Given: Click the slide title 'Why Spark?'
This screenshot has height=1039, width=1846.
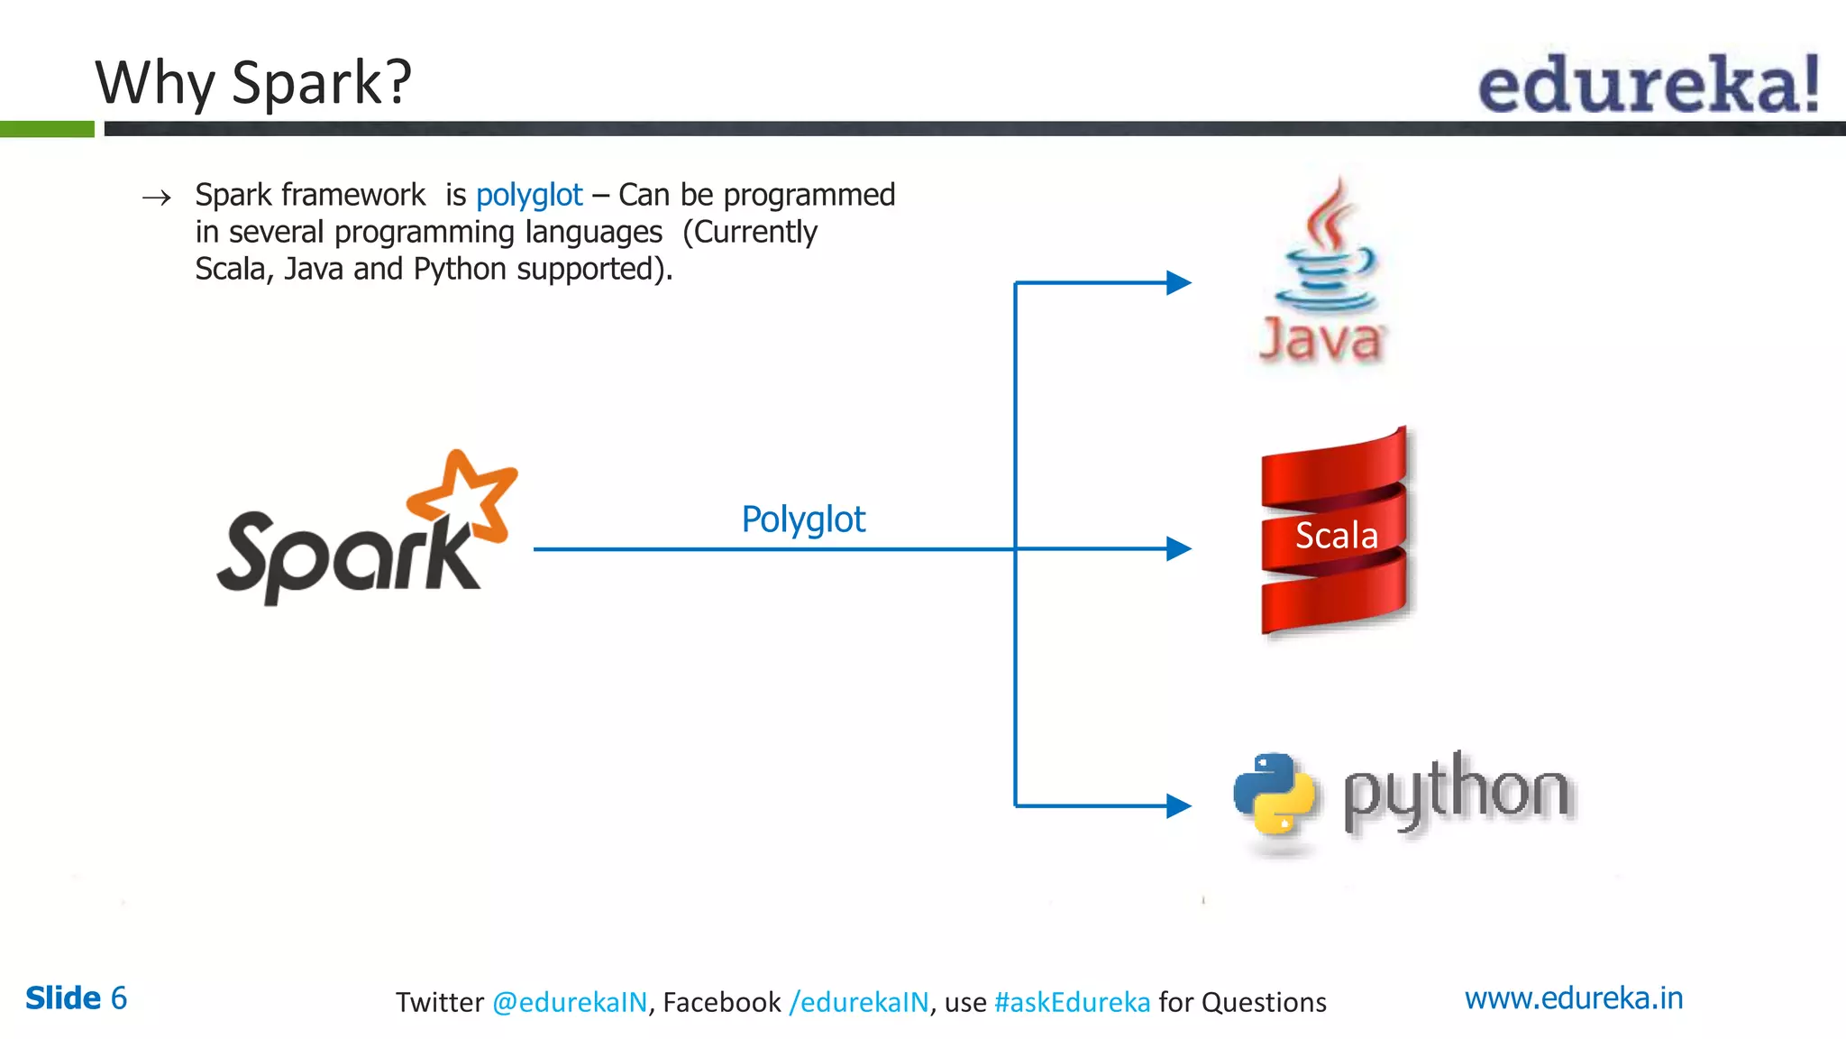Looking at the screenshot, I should click(253, 83).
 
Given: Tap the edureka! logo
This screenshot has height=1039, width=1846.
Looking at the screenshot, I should click(1648, 85).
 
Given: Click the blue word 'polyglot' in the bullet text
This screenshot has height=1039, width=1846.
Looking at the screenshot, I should click(529, 195).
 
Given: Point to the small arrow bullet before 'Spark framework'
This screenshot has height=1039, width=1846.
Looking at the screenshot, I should click(157, 198).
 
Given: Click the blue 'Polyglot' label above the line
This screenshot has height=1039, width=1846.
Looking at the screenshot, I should click(802, 519).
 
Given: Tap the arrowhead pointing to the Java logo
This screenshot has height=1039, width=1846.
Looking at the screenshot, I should click(1178, 283).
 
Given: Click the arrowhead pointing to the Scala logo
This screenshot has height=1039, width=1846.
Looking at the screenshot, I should click(1178, 548).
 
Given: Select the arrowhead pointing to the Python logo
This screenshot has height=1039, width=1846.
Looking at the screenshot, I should click(1178, 805).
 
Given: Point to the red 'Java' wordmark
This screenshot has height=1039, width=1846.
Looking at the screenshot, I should click(1321, 341).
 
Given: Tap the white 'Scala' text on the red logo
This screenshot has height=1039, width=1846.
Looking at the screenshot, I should click(1336, 536).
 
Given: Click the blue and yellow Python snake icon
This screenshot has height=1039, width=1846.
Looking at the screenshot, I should click(1274, 793).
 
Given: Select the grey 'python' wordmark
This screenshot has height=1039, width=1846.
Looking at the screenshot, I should click(1456, 793).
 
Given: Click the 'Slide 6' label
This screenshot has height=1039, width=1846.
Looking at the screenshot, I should click(76, 998).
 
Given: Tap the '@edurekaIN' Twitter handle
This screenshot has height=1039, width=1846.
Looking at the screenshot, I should click(570, 1002).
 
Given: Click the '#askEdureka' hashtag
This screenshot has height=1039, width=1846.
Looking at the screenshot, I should click(1072, 1002).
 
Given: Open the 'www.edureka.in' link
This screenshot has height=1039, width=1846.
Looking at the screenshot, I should click(1573, 998).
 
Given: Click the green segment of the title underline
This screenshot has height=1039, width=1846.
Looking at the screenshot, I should click(47, 129).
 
